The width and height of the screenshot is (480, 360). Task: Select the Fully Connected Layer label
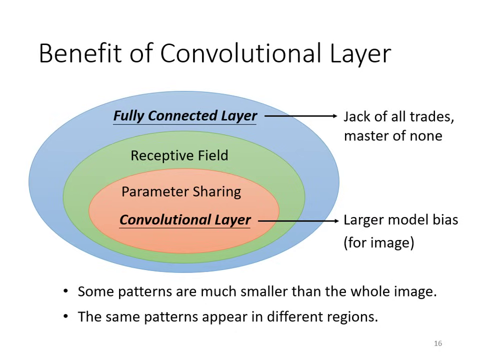coord(185,115)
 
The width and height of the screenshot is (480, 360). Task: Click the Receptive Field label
coord(179,155)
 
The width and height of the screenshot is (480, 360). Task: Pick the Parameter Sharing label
coord(181,192)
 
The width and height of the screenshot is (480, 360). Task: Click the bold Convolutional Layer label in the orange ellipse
coord(185,220)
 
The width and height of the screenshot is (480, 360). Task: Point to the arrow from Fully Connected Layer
coord(300,116)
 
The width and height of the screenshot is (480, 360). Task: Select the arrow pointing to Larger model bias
coord(298,220)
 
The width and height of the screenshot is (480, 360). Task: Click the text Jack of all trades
coord(398,116)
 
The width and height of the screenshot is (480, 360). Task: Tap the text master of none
coord(392,136)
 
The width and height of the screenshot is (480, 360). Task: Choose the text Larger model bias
coord(400,220)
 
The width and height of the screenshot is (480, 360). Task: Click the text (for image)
coord(378,243)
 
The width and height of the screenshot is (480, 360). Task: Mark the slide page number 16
coord(438,343)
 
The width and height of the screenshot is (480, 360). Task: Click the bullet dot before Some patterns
coord(66,291)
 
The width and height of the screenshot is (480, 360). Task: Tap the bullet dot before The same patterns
coord(66,316)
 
